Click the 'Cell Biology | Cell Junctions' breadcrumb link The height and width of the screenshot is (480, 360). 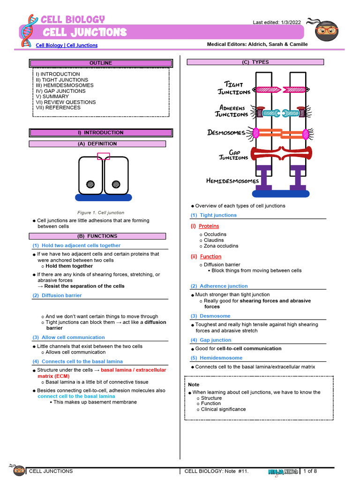67,45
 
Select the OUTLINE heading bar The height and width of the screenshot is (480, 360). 101,63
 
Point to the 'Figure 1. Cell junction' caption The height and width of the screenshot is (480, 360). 101,213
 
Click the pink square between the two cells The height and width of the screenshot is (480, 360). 103,156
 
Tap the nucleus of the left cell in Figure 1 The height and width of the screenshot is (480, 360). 91,184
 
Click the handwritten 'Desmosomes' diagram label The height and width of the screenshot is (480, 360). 226,133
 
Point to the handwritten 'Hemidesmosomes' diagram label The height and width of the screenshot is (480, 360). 232,181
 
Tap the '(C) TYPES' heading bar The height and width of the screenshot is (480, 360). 255,62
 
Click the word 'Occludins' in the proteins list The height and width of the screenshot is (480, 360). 215,234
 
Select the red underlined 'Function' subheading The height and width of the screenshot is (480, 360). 210,256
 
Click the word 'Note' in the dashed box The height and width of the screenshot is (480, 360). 194,384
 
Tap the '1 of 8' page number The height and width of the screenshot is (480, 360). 310,471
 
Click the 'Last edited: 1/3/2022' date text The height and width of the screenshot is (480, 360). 277,22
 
